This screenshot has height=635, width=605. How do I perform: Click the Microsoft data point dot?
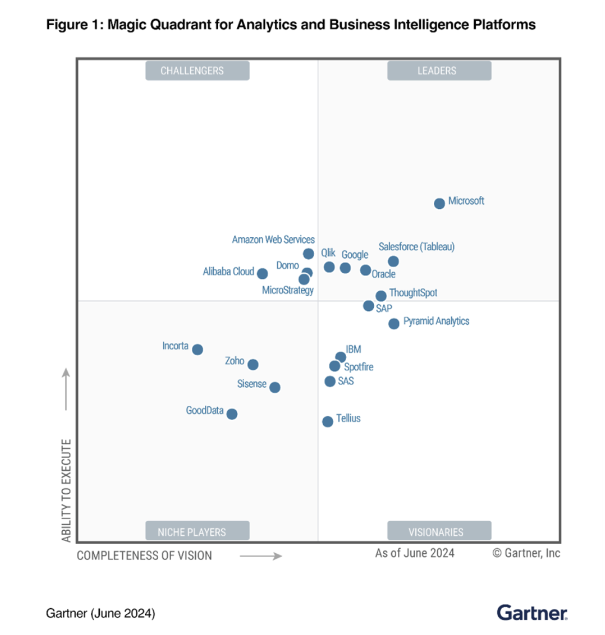pos(439,203)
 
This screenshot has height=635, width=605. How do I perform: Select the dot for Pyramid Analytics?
pos(394,324)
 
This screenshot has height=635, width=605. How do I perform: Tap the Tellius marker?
pos(328,422)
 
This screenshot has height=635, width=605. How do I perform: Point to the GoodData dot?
pos(232,414)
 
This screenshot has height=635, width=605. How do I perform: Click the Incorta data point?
pos(198,350)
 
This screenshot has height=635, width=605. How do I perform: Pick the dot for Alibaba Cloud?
pos(262,274)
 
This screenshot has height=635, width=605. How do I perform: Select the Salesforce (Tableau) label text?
pos(416,247)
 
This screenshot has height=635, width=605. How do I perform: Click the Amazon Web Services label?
pos(273,239)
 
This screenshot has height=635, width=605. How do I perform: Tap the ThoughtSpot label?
pos(413,293)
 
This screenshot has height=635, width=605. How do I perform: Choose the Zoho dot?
pos(253,364)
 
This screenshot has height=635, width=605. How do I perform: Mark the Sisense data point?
pos(275,387)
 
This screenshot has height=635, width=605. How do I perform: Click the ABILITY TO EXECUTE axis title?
pos(66,490)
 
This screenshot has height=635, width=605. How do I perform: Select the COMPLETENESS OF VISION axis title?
pos(144,555)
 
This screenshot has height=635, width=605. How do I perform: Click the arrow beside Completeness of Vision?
pos(261,556)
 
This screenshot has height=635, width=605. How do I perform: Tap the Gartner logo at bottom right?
pos(531,613)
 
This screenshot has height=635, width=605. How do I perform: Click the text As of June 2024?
pos(414,553)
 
